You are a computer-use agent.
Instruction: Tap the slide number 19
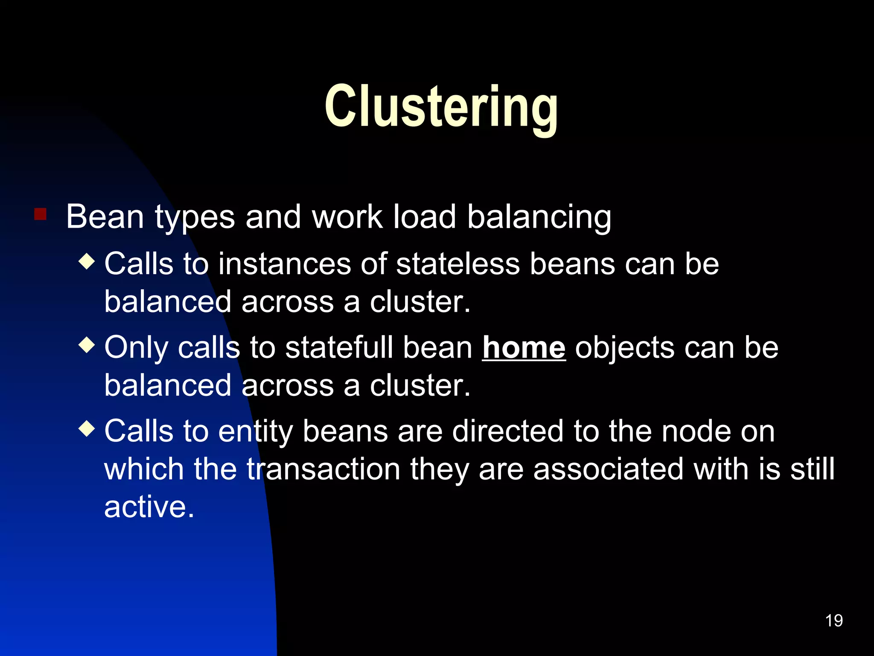pyautogui.click(x=833, y=621)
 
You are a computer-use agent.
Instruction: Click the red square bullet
pyautogui.click(x=40, y=214)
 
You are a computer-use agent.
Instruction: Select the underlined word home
pyautogui.click(x=524, y=348)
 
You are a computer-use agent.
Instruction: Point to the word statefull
pyautogui.click(x=339, y=348)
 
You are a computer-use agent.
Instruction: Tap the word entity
pyautogui.click(x=256, y=431)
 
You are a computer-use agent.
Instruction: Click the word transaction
pyautogui.click(x=323, y=469)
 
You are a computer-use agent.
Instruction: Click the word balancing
pyautogui.click(x=539, y=217)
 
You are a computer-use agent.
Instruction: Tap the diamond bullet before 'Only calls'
pyautogui.click(x=87, y=345)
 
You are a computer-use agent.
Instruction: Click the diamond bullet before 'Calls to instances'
pyautogui.click(x=87, y=261)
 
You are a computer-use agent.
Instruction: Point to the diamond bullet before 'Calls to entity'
pyautogui.click(x=87, y=429)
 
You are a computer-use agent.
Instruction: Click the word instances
pyautogui.click(x=284, y=264)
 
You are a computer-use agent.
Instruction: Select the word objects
pyautogui.click(x=625, y=348)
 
